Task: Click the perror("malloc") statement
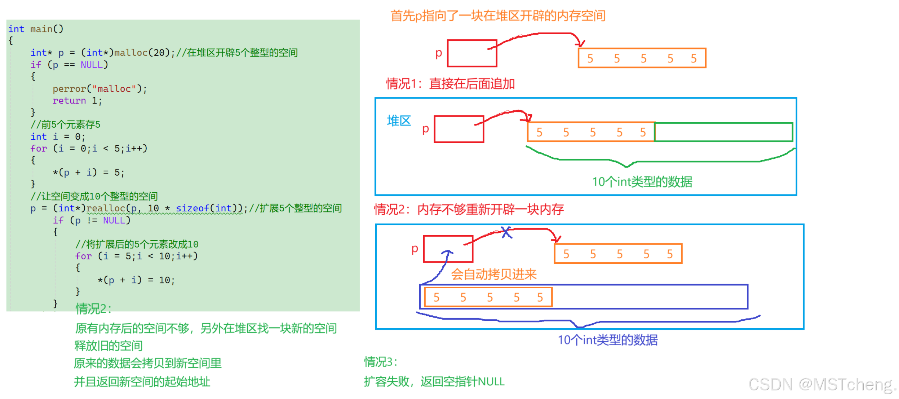click(99, 89)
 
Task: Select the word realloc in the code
click(105, 208)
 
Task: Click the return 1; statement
click(77, 101)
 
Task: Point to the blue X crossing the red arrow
click(506, 232)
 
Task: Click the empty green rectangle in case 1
click(723, 132)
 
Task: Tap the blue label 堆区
click(399, 121)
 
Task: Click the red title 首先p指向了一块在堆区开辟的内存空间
click(497, 16)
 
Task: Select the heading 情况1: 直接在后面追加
click(450, 84)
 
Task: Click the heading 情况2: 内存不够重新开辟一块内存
click(469, 209)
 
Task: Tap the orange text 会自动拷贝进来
click(493, 275)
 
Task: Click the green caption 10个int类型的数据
click(642, 182)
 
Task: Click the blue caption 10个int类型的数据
click(607, 340)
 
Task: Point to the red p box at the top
click(471, 53)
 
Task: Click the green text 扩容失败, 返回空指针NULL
click(434, 382)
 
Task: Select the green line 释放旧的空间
click(108, 346)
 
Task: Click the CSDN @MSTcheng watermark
click(822, 385)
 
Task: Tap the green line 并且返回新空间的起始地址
click(142, 382)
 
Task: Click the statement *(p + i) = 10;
click(136, 280)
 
